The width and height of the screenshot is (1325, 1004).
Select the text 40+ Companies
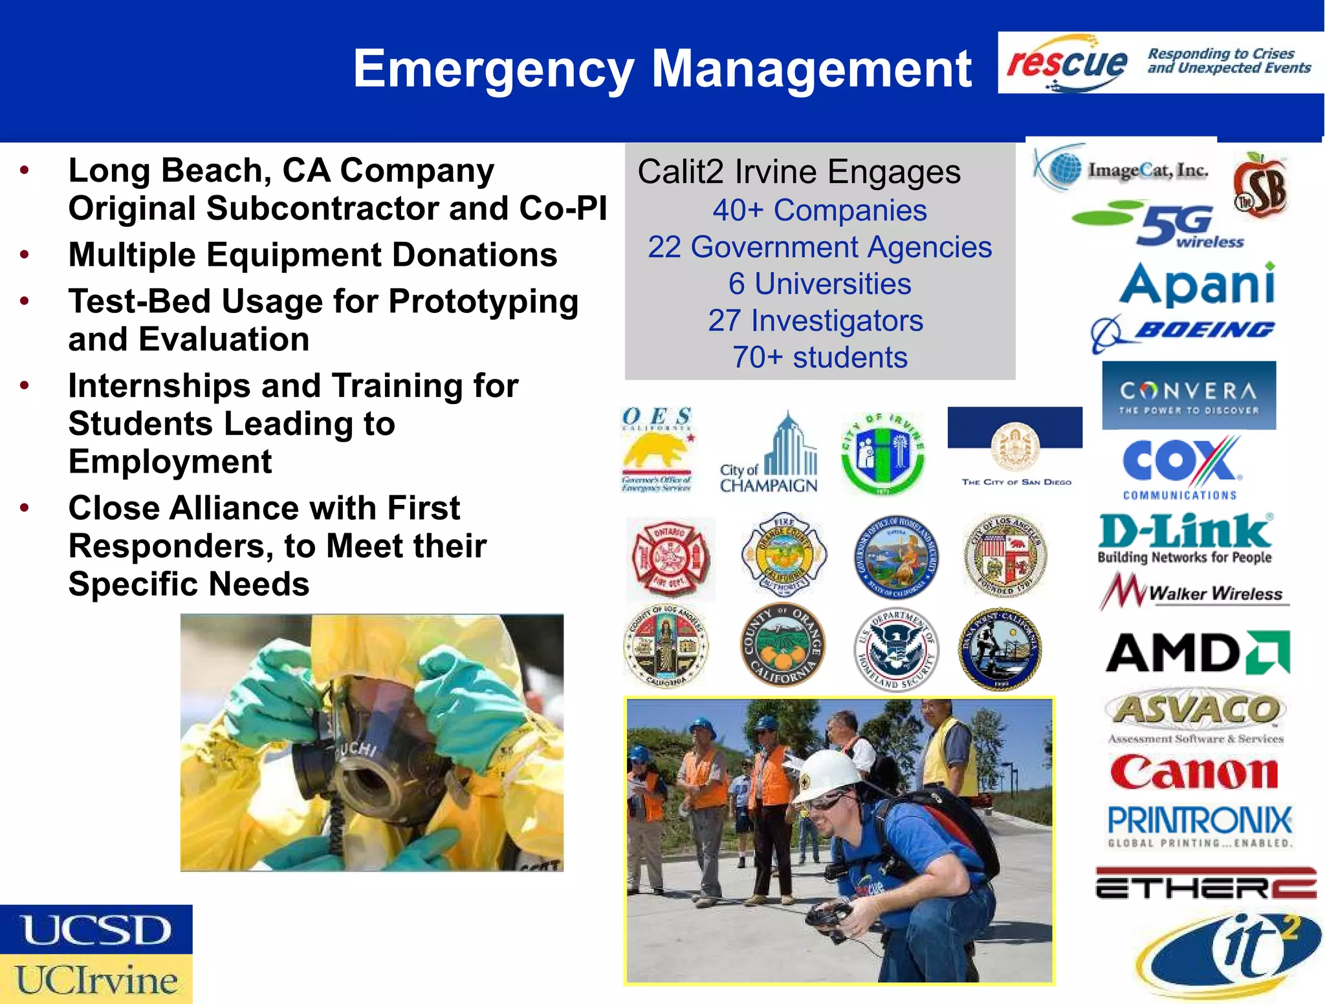click(819, 211)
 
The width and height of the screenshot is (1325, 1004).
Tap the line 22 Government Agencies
click(819, 248)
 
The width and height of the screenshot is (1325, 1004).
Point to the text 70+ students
click(819, 358)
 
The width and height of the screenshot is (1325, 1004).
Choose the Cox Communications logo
click(1181, 467)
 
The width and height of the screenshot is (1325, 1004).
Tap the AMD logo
click(1197, 653)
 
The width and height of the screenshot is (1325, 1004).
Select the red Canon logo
click(1194, 772)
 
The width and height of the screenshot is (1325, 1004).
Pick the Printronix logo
click(1199, 825)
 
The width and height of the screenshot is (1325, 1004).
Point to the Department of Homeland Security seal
click(896, 648)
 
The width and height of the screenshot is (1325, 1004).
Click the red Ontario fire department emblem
click(671, 558)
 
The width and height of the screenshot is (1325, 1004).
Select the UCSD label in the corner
click(96, 930)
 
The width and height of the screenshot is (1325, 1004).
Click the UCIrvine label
click(96, 979)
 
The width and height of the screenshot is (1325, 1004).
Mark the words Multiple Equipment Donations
click(312, 255)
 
